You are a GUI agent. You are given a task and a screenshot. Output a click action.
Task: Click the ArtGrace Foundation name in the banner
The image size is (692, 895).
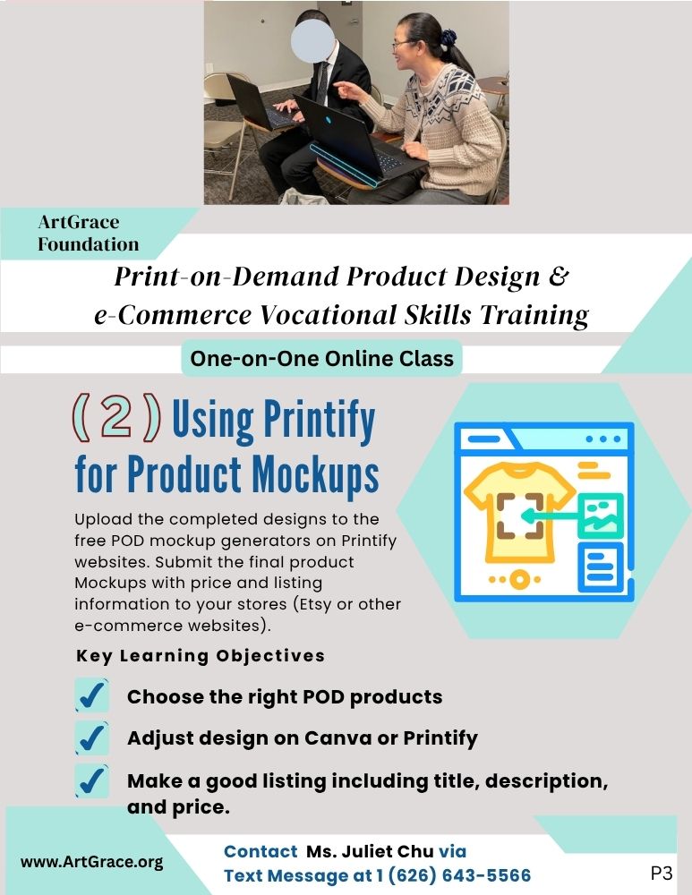click(x=89, y=233)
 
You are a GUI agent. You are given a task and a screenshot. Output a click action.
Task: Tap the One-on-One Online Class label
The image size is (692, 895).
click(x=321, y=359)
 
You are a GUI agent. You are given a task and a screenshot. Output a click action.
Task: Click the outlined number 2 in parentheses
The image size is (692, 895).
click(x=116, y=417)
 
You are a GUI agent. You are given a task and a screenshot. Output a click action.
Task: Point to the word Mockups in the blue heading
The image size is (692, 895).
click(x=315, y=474)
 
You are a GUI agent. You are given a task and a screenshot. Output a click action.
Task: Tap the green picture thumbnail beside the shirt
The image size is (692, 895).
click(x=600, y=516)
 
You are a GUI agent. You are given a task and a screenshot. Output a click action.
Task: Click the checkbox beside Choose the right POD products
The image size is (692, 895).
click(x=91, y=695)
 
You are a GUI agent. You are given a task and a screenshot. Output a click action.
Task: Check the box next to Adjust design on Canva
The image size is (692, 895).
click(x=91, y=738)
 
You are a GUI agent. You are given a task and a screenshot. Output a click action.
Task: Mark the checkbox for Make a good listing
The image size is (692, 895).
click(x=91, y=780)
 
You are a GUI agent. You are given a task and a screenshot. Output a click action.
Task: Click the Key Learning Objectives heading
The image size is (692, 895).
click(x=201, y=656)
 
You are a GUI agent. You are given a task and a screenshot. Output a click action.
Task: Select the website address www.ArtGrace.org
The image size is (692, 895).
click(x=92, y=862)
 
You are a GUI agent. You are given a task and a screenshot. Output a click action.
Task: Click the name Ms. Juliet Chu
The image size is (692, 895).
click(x=370, y=851)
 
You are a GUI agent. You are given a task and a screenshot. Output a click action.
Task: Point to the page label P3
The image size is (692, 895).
click(x=662, y=873)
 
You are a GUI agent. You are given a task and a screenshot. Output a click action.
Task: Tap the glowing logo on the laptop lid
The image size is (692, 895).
click(x=329, y=121)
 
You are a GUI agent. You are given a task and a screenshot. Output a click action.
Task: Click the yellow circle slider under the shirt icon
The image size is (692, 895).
click(x=518, y=579)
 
